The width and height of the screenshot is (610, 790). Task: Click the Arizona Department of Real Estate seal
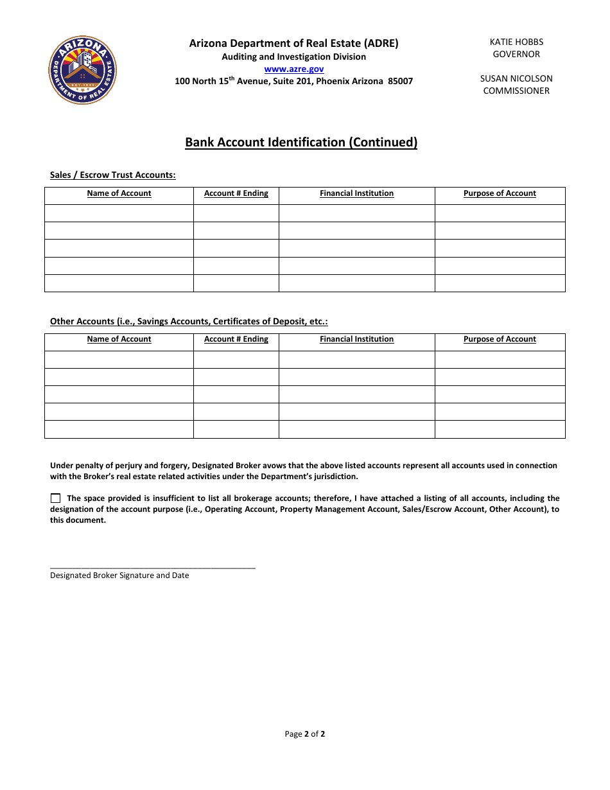click(x=83, y=70)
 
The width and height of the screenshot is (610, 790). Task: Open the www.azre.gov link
click(x=294, y=69)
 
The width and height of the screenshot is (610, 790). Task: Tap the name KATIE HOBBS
click(x=516, y=42)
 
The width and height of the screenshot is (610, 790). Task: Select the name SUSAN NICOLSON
click(x=516, y=78)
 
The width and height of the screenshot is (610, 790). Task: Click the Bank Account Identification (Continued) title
click(x=301, y=143)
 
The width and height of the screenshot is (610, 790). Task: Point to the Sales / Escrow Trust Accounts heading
click(x=113, y=175)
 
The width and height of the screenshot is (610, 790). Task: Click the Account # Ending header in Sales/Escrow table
click(x=236, y=193)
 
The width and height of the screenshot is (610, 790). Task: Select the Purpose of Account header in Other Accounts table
click(x=500, y=339)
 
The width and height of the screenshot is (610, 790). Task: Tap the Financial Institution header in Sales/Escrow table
click(x=356, y=193)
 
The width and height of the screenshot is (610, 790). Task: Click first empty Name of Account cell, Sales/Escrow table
click(x=119, y=213)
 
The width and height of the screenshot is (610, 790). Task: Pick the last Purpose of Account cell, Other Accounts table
click(x=500, y=429)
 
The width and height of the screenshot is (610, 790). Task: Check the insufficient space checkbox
click(x=55, y=498)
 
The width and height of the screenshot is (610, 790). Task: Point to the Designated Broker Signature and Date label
click(x=119, y=575)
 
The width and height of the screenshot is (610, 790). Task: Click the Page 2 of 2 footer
click(x=305, y=733)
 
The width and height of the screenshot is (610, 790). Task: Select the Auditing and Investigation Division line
click(x=294, y=57)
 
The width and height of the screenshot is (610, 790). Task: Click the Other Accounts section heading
click(x=189, y=321)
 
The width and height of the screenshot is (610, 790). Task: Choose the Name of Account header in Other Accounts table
click(x=119, y=339)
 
